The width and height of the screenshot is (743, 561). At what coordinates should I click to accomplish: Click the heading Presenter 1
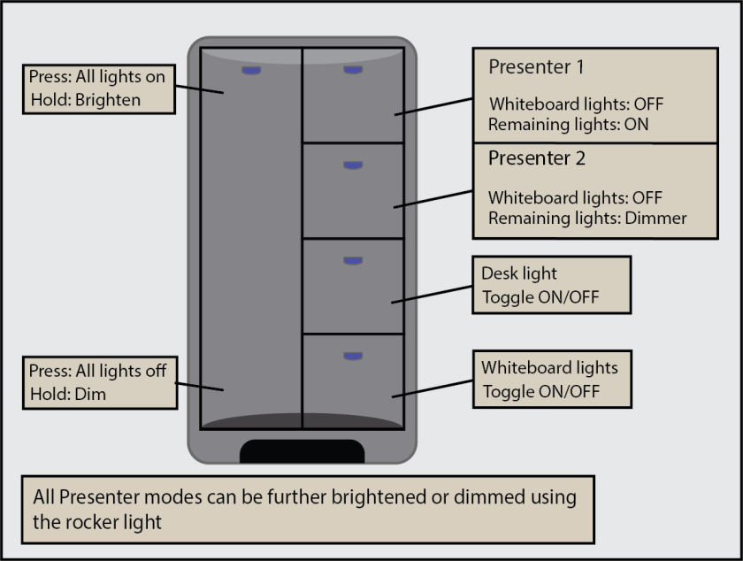[536, 66]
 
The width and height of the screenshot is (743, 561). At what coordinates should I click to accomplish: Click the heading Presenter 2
[536, 159]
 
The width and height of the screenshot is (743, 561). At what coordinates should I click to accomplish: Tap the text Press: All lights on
[97, 77]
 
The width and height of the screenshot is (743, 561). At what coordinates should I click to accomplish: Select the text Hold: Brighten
[85, 99]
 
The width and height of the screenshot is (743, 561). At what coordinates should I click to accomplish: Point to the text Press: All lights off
[97, 371]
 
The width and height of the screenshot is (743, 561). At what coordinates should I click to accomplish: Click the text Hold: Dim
[67, 394]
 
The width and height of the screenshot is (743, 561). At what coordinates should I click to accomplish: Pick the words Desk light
[519, 274]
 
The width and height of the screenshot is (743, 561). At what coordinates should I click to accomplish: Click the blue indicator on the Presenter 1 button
[353, 69]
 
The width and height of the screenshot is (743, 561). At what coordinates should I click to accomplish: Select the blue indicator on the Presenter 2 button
[353, 165]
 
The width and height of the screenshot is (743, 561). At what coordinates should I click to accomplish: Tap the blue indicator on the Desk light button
[353, 260]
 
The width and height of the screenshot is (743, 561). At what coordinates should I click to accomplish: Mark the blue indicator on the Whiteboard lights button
[353, 356]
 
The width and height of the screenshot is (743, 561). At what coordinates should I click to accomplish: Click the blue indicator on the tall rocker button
[251, 69]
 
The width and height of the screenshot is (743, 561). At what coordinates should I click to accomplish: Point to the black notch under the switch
[303, 451]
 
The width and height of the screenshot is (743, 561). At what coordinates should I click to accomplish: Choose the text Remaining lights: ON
[568, 125]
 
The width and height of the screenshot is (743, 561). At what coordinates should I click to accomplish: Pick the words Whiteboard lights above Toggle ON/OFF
[549, 367]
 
